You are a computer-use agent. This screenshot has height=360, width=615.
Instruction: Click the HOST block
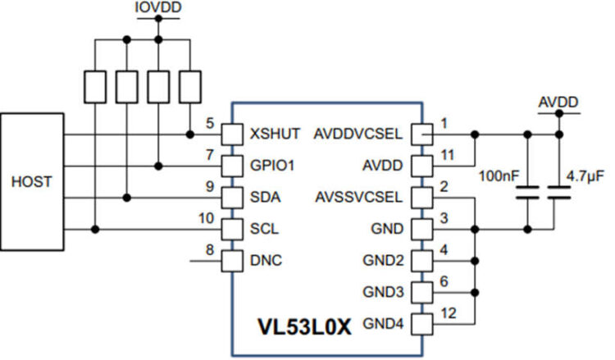coord(32,181)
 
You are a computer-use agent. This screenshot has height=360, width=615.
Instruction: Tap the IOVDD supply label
coord(158,8)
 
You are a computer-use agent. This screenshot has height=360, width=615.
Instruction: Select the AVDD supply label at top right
coord(558,103)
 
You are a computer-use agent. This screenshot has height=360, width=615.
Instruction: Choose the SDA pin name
coord(266,198)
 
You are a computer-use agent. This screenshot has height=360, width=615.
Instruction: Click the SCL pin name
coord(265,230)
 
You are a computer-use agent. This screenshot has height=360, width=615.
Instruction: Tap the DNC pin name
coord(266,262)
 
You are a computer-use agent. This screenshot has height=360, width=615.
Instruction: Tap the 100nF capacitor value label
coord(500,175)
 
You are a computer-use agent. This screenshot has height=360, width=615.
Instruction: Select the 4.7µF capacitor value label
coord(585,175)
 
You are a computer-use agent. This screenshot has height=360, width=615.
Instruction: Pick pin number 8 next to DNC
coord(210,250)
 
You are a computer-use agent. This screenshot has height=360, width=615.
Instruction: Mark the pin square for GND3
coord(421,293)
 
